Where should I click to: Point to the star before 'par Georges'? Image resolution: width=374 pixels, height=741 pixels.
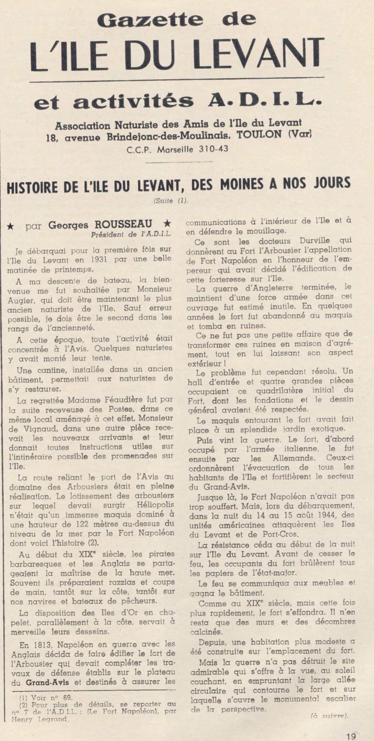[x=12, y=226]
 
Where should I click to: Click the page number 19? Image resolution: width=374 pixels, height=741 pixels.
[x=351, y=736]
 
